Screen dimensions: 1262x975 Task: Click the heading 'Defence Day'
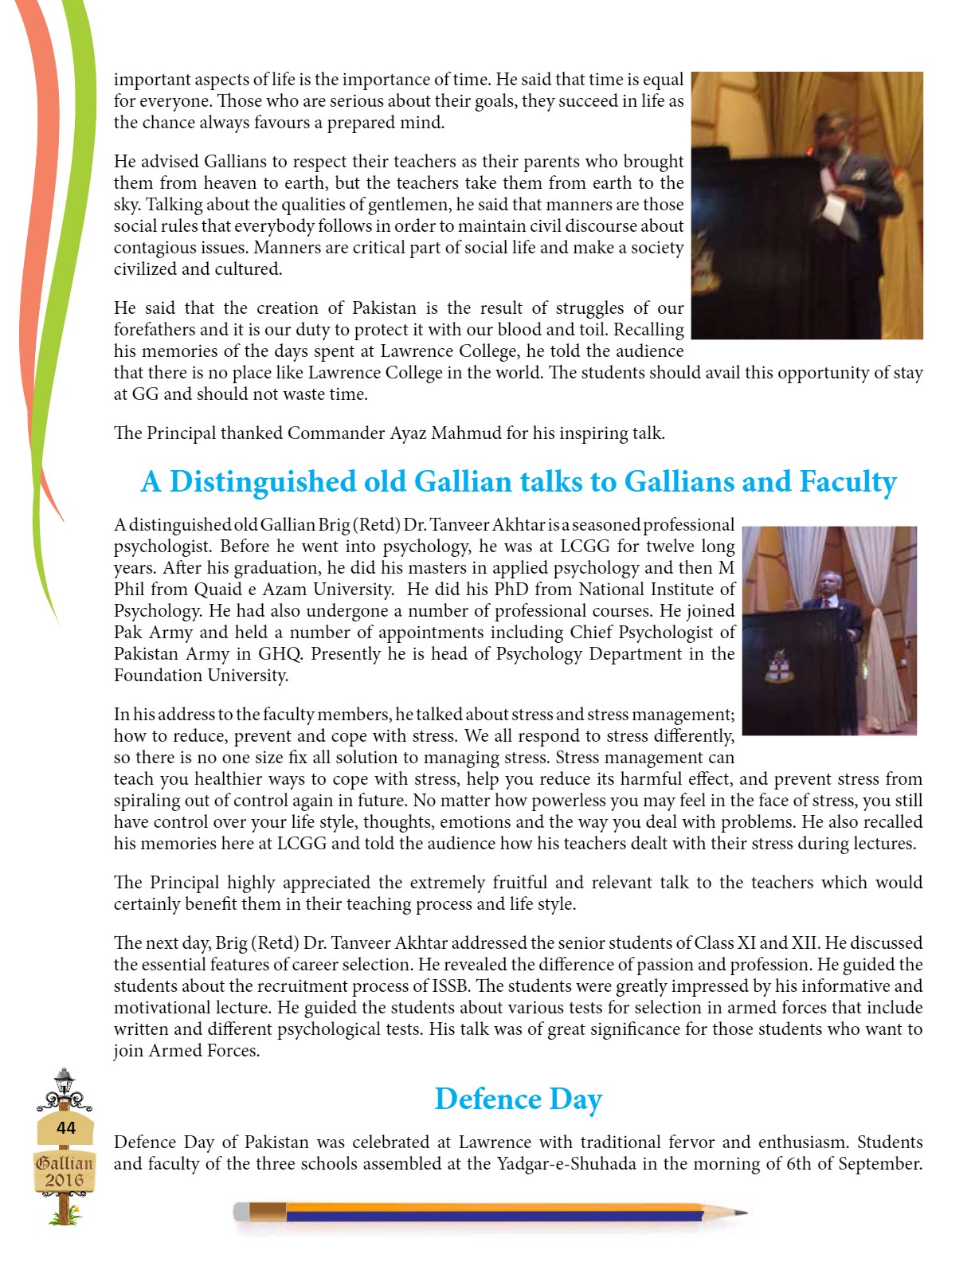[518, 1099]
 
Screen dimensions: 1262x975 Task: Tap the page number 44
[66, 1127]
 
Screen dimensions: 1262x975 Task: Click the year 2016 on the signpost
[65, 1180]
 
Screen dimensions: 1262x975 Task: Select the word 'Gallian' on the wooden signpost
[65, 1162]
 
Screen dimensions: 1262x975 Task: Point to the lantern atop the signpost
[64, 1081]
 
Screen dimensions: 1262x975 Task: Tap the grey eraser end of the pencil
[241, 1213]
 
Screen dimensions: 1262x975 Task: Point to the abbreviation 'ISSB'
[455, 986]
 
